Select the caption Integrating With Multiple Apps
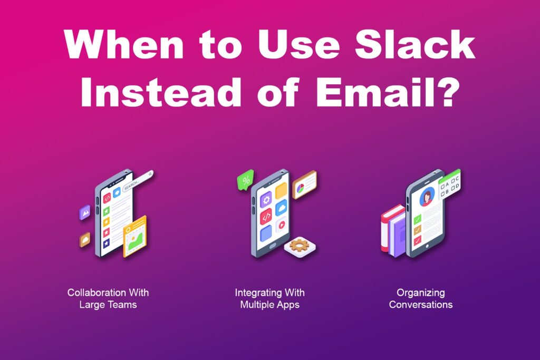point(269,298)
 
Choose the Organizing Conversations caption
point(420,298)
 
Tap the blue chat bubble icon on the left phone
point(117,193)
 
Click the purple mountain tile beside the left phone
point(85,212)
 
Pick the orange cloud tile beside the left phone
point(85,239)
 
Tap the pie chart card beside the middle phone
point(304,184)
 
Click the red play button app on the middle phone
point(281,223)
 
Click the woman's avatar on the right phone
point(426,197)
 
